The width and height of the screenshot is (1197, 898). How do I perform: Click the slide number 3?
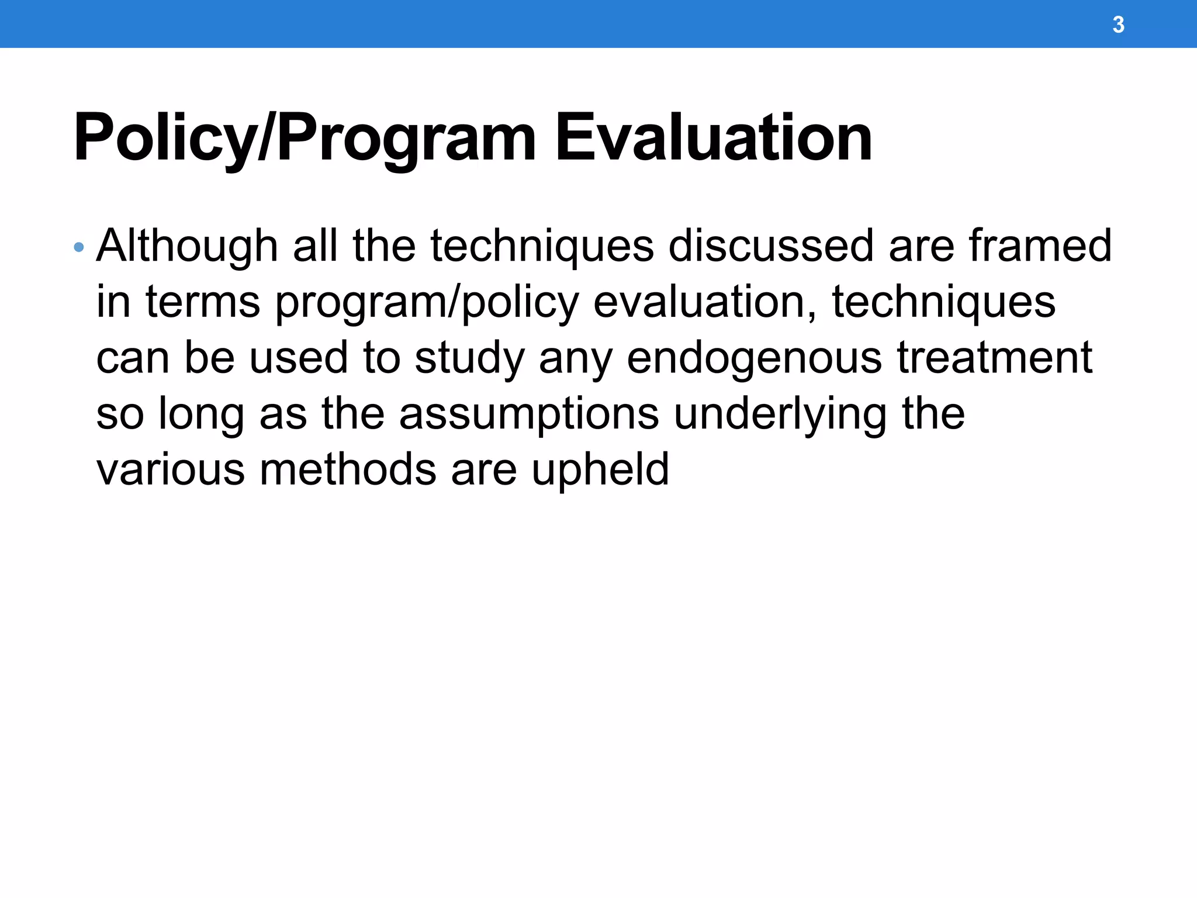1118,25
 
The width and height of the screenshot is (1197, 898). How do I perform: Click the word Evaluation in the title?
713,138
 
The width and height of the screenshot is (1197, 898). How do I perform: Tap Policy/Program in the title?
305,138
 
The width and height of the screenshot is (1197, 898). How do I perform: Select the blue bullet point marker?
79,247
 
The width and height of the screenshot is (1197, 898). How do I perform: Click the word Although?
187,246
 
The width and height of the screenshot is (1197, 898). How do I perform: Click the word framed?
1040,246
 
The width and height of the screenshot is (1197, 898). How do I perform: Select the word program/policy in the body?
427,302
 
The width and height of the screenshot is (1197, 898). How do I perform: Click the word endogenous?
754,358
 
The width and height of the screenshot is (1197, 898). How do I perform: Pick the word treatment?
995,357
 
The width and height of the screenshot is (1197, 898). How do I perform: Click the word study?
469,358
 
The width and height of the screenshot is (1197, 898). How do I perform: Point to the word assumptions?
529,415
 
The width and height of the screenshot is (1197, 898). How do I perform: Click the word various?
170,469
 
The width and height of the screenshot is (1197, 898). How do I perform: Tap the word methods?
348,469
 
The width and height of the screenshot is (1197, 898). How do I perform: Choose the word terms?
202,302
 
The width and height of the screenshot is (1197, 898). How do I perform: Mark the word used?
298,358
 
